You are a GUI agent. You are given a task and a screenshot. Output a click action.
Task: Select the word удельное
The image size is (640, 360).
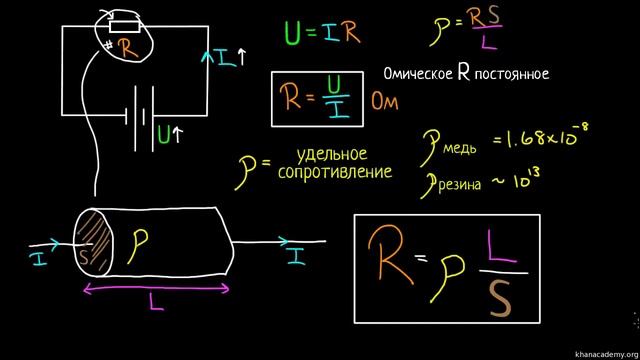(333, 154)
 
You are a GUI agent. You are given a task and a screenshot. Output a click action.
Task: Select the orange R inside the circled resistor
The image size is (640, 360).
(124, 46)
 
